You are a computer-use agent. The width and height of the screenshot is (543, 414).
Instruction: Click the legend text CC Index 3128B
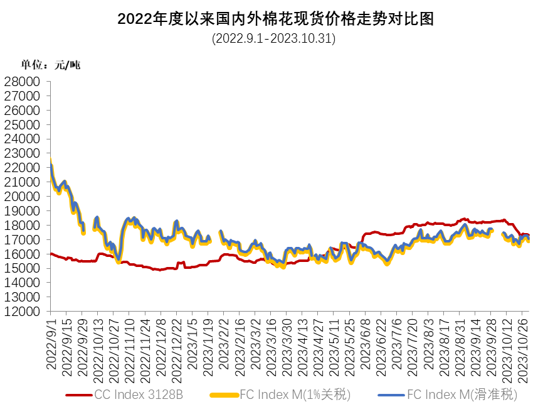(139, 395)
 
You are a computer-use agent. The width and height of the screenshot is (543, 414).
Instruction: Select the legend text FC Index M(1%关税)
(295, 395)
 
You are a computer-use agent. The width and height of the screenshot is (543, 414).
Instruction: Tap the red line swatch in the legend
(79, 395)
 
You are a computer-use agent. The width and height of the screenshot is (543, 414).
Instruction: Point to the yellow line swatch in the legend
(224, 395)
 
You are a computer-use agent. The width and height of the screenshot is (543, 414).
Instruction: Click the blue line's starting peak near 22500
(50, 162)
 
